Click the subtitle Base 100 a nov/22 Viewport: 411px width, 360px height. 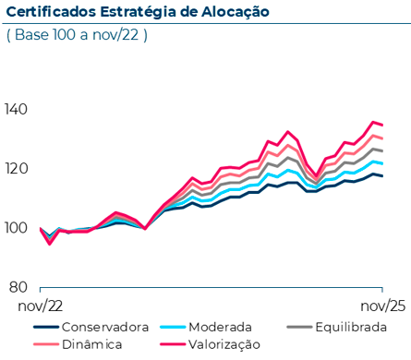pyautogui.click(x=77, y=35)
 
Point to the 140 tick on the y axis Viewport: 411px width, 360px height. pyautogui.click(x=16, y=110)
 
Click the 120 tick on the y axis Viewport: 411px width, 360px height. pyautogui.click(x=16, y=169)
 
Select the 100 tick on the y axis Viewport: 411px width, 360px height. pyautogui.click(x=16, y=227)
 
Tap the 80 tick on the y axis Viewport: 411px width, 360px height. pyautogui.click(x=19, y=286)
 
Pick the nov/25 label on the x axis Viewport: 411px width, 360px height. pyautogui.click(x=381, y=305)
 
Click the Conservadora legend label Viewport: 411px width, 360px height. pyautogui.click(x=103, y=327)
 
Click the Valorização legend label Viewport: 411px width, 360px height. pyautogui.click(x=224, y=344)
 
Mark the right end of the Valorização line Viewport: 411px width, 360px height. pyautogui.click(x=383, y=125)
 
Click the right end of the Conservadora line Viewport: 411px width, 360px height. pyautogui.click(x=383, y=176)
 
